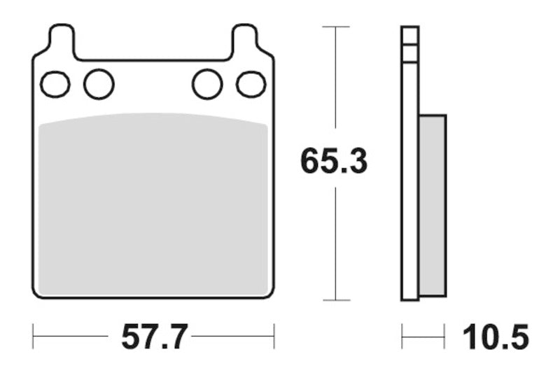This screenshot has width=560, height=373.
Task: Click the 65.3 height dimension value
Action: (334, 162)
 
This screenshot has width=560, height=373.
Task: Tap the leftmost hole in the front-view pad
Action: (55, 85)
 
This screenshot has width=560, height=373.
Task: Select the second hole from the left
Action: (99, 85)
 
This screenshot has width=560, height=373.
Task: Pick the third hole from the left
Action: (207, 85)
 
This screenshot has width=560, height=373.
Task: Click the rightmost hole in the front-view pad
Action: (251, 85)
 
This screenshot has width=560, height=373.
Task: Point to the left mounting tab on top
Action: (61, 39)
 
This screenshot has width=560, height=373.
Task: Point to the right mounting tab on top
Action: (245, 39)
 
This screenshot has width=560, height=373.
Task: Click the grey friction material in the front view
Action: (153, 203)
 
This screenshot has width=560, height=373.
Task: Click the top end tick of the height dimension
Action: (337, 27)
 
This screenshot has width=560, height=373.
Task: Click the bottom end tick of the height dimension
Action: (337, 300)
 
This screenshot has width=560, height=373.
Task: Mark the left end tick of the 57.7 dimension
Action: (34, 337)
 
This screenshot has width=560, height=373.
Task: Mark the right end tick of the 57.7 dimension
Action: (274, 337)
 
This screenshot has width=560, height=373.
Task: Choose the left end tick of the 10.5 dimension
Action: (402, 337)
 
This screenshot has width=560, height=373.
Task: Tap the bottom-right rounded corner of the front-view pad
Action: (269, 293)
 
